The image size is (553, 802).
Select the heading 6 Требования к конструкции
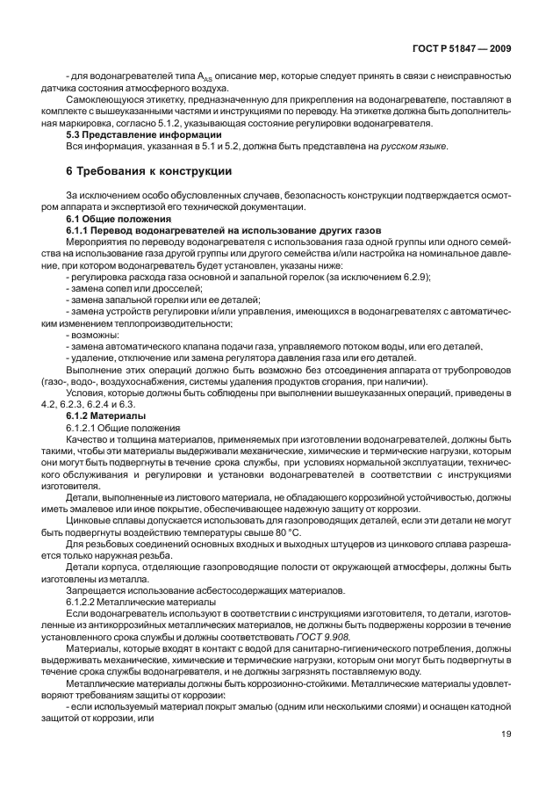[149, 170]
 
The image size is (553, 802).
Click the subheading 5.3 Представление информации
[132, 134]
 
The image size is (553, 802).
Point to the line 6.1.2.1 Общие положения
[121, 426]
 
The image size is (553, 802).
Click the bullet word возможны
[92, 335]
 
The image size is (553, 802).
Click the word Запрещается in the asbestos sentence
[96, 589]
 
